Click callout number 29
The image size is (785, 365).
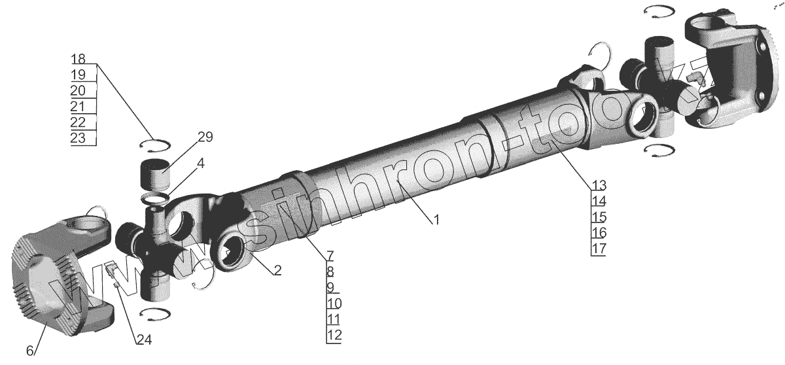[205, 137]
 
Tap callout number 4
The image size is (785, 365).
[200, 164]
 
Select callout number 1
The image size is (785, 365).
[436, 220]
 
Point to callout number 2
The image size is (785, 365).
[277, 270]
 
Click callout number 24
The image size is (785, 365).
[144, 339]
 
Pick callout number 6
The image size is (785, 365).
[31, 351]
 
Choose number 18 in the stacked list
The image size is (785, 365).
[78, 58]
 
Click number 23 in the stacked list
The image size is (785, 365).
[78, 137]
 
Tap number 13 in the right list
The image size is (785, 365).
[599, 185]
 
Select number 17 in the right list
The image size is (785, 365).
[599, 249]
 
